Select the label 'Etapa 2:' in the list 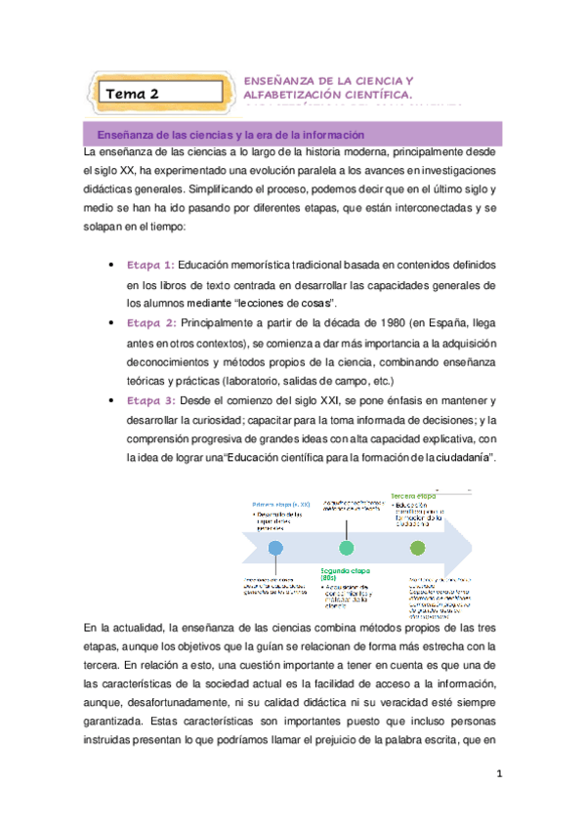150,322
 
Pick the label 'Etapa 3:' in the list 150,401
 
